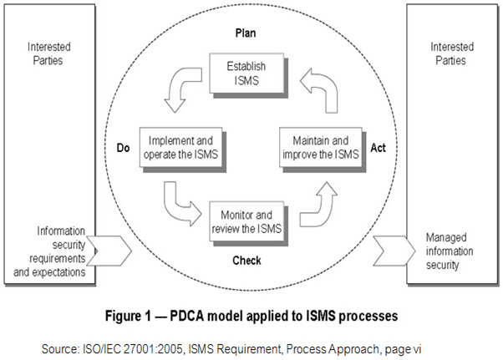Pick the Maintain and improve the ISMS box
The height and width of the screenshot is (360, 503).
321,147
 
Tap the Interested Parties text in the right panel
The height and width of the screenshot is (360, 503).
452,54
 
